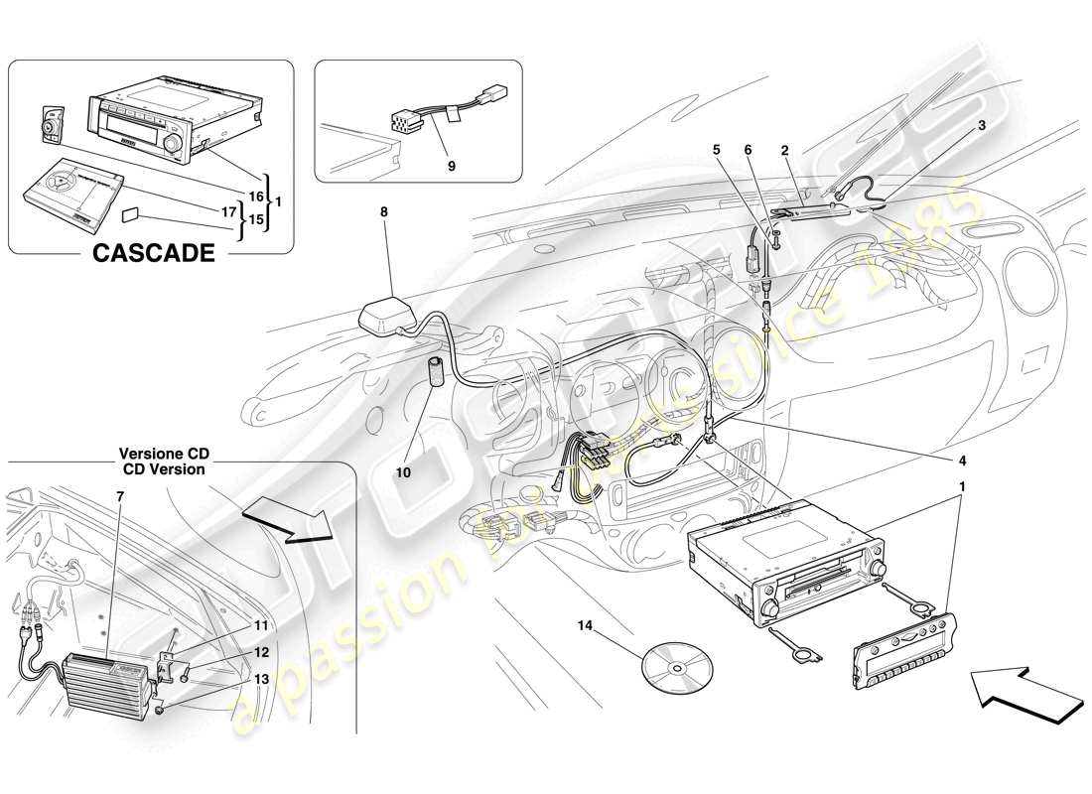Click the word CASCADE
153,252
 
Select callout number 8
384,211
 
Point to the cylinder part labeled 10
436,374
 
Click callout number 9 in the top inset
451,167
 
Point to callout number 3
982,126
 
